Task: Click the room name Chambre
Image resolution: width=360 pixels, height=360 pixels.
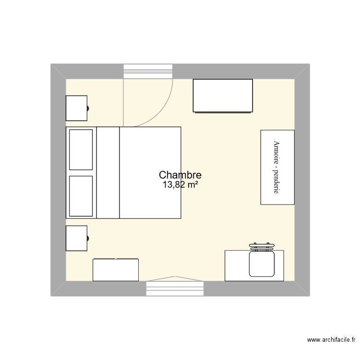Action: pos(180,175)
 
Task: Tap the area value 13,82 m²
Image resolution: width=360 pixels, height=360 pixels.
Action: pos(180,184)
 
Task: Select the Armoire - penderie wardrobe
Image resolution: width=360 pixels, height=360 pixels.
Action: pos(277,167)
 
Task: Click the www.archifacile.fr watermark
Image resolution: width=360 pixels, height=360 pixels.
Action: pos(331,339)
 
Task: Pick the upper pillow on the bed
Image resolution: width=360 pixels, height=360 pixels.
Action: pos(81,150)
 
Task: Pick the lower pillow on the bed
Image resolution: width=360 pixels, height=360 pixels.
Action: pos(81,196)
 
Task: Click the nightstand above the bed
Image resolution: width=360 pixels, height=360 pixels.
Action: pos(76,108)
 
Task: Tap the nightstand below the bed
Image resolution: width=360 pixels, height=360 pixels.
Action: pos(76,238)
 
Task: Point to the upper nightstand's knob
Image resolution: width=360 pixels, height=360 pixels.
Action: pos(88,108)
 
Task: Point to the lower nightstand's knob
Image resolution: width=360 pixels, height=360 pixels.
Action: pos(88,238)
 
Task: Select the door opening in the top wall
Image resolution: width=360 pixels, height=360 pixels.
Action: pos(148,72)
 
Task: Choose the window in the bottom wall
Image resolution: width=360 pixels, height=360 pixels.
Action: pos(175,288)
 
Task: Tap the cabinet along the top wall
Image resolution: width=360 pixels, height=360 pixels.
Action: pos(223,96)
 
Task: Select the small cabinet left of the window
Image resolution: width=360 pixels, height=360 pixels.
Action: pos(116,270)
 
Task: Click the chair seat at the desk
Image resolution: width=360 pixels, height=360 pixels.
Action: pos(262,264)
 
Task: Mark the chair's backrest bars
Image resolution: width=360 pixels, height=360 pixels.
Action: pos(262,247)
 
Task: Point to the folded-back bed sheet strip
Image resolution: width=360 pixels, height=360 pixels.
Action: pos(108,173)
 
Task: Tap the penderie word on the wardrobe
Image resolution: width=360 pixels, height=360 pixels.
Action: pos(276,182)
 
